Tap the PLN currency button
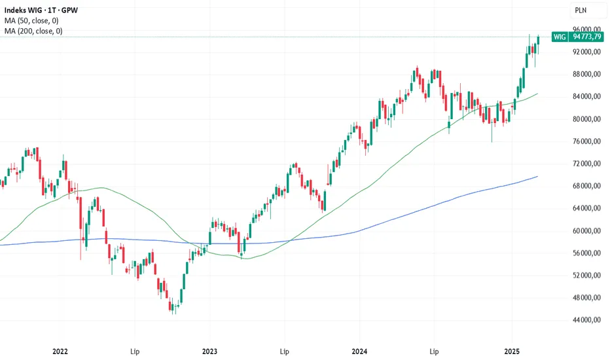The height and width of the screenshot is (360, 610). click(581, 10)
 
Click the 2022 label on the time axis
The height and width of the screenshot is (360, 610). click(60, 351)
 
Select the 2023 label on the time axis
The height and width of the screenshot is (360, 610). click(210, 351)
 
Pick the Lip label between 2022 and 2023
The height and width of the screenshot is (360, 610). click(135, 351)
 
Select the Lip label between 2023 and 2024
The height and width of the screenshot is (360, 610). click(285, 351)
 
